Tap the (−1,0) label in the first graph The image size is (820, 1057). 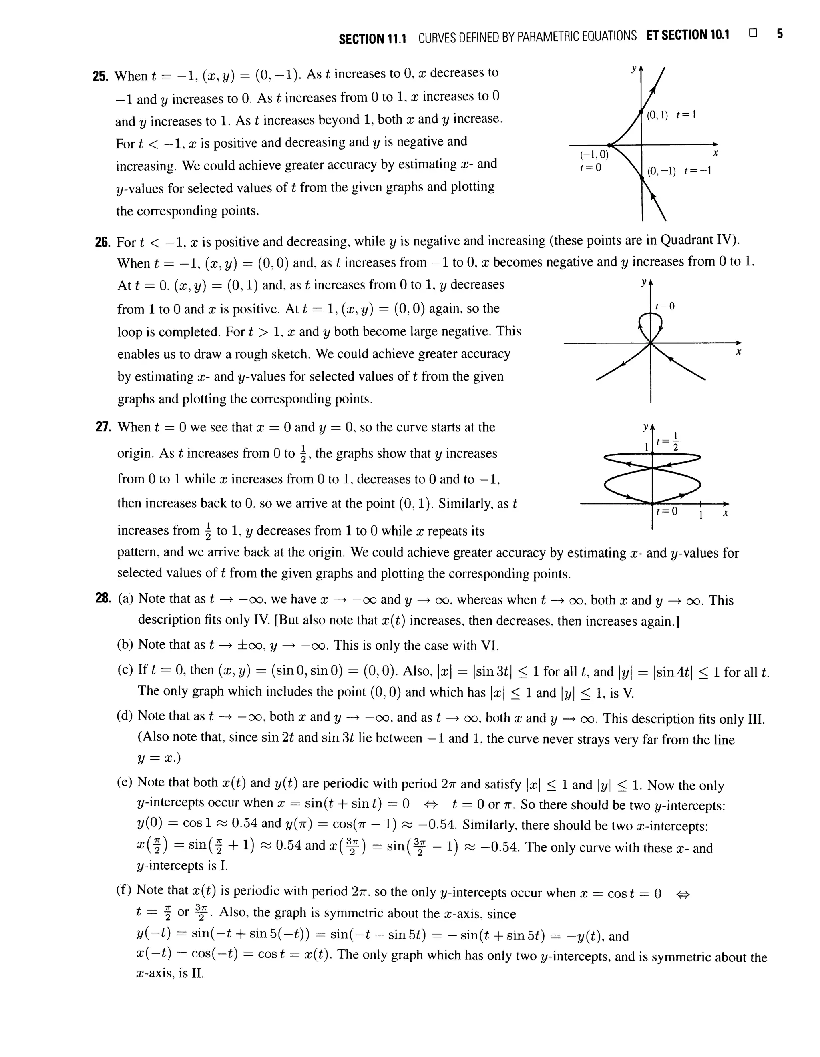click(593, 155)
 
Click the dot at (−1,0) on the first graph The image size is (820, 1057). click(610, 145)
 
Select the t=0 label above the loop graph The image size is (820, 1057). click(665, 306)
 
